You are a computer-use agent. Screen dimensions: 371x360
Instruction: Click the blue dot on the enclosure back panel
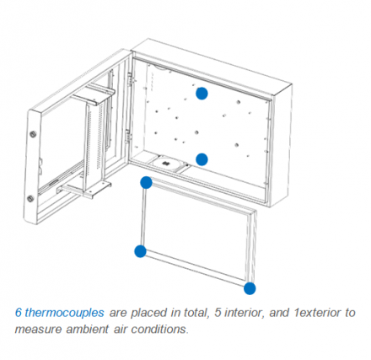click(x=202, y=94)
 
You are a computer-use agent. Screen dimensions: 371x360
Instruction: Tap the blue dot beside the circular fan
click(x=202, y=159)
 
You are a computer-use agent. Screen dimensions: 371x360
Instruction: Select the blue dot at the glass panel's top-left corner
click(x=146, y=183)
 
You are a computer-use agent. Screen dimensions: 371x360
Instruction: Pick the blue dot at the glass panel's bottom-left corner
click(x=140, y=251)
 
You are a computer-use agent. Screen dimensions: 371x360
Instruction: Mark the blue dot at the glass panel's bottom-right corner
click(x=250, y=288)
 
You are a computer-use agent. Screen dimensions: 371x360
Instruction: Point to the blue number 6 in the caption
click(x=19, y=312)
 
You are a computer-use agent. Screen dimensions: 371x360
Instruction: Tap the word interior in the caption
click(x=245, y=313)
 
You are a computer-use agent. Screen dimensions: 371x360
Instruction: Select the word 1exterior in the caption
click(x=317, y=313)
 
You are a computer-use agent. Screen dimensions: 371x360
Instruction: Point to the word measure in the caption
click(x=38, y=330)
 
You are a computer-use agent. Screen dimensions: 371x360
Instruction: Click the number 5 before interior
click(x=218, y=313)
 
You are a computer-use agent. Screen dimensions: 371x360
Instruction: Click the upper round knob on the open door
click(x=33, y=133)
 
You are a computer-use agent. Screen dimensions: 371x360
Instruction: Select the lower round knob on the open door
click(x=30, y=199)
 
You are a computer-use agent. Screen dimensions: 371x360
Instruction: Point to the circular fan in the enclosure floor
click(x=165, y=163)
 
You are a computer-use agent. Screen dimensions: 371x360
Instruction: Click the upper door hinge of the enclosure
click(x=130, y=79)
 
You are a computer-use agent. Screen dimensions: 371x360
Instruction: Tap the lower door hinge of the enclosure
click(x=128, y=137)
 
